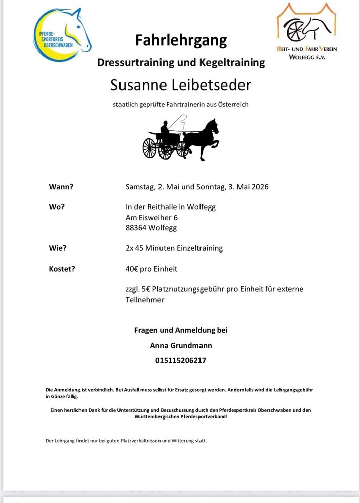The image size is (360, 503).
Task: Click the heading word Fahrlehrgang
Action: click(181, 40)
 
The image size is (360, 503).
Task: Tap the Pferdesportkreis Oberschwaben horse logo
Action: click(62, 35)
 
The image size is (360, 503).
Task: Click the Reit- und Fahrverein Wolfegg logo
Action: click(306, 31)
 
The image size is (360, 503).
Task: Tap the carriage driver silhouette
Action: click(165, 131)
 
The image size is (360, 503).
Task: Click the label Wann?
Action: click(61, 186)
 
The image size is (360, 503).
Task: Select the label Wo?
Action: click(57, 207)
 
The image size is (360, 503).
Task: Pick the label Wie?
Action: click(58, 248)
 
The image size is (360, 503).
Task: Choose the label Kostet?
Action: click(62, 269)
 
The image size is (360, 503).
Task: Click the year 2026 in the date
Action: click(258, 186)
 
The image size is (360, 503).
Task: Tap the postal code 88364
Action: click(136, 228)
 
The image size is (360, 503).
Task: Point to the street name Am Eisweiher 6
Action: click(151, 218)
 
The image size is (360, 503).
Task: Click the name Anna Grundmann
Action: click(181, 346)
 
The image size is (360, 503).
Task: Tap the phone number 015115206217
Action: click(181, 361)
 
